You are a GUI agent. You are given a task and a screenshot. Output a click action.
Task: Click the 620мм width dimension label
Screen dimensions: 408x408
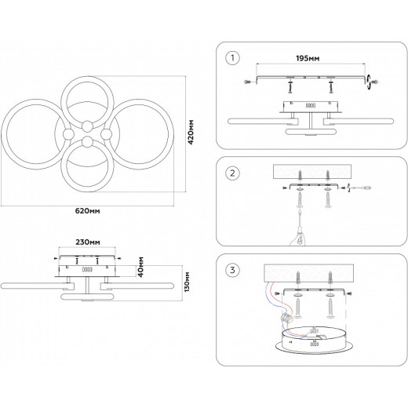point(88,211)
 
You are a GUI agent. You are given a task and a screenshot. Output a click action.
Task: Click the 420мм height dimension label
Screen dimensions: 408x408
point(191,132)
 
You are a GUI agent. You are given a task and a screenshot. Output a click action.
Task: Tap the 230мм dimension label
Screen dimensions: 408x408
point(88,242)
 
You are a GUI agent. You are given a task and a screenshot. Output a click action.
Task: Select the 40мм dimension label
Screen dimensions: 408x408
point(141,267)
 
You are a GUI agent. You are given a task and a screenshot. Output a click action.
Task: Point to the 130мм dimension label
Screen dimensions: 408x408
point(187,282)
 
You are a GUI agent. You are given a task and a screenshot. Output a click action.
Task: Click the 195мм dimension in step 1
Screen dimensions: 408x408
point(308,58)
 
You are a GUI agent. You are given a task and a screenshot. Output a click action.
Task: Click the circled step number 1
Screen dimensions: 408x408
point(232,58)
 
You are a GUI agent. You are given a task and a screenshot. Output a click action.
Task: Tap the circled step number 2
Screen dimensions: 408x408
point(232,173)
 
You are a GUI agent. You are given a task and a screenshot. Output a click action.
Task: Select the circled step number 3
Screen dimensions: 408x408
point(232,270)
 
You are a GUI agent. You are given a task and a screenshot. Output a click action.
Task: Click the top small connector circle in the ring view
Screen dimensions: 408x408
point(87,126)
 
